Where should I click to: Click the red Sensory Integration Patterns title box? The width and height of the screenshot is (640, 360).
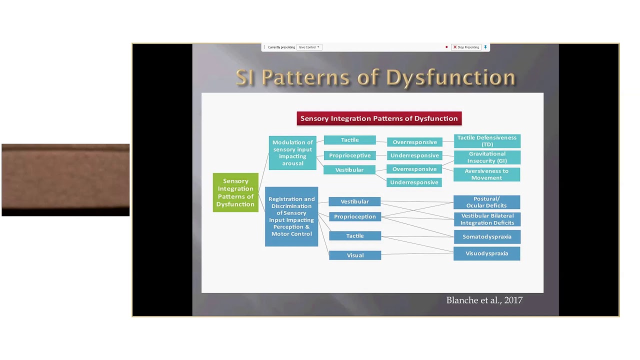coord(379,118)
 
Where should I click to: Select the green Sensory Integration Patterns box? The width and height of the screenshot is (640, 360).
coord(235,192)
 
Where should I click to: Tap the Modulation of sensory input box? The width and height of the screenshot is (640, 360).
coord(292,152)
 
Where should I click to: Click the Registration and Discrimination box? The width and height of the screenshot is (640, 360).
coord(291,216)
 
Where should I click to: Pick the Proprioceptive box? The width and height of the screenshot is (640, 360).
coord(349,155)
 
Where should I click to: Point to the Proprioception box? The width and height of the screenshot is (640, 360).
coord(355,216)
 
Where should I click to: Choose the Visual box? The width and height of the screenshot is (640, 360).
coord(355,255)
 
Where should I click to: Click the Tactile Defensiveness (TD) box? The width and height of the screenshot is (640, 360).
coord(487,141)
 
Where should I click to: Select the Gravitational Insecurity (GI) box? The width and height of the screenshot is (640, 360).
coord(487,157)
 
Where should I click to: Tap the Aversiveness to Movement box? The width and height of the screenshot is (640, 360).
coord(486,174)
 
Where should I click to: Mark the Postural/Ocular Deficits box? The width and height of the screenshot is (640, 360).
coord(486,202)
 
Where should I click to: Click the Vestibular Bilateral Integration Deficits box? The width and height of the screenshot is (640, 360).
coord(487,219)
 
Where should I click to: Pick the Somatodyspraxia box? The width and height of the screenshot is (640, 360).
coord(486,237)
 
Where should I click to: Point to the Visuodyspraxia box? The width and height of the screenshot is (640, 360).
coord(486,253)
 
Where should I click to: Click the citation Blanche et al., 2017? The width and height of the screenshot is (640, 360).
coord(484,300)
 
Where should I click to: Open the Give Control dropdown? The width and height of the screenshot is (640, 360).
coord(309,47)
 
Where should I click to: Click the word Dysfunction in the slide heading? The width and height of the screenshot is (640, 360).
coord(450,77)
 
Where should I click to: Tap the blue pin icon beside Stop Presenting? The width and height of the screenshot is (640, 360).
coord(485,47)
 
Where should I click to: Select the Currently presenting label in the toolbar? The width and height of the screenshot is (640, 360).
coord(281,47)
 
